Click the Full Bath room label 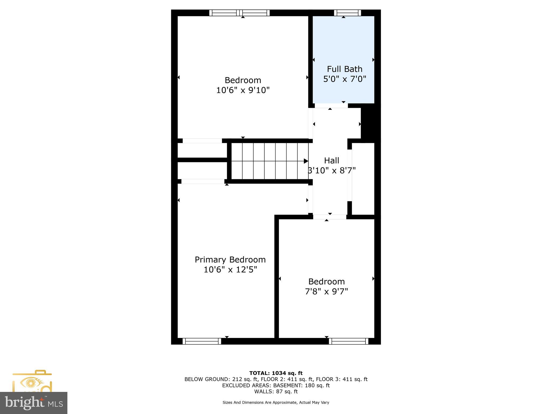pyautogui.click(x=344, y=69)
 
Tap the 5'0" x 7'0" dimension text pyautogui.click(x=344, y=79)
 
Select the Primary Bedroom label pyautogui.click(x=230, y=260)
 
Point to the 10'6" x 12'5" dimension pyautogui.click(x=230, y=270)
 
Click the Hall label pyautogui.click(x=332, y=161)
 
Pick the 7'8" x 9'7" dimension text pyautogui.click(x=326, y=291)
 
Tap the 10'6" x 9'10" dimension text pyautogui.click(x=243, y=90)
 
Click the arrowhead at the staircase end pyautogui.click(x=306, y=161)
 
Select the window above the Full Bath pyautogui.click(x=347, y=13)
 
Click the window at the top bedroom pyautogui.click(x=240, y=13)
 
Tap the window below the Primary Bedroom pyautogui.click(x=202, y=341)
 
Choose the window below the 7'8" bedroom pyautogui.click(x=349, y=341)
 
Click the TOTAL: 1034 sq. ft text pyautogui.click(x=276, y=373)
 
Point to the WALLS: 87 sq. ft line pyautogui.click(x=276, y=392)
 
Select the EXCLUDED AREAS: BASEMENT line pyautogui.click(x=276, y=385)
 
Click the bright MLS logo pyautogui.click(x=34, y=403)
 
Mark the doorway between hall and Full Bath pyautogui.click(x=331, y=106)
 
